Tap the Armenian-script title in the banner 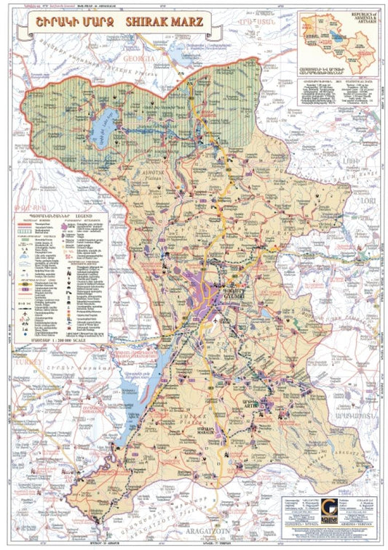[71, 23]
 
